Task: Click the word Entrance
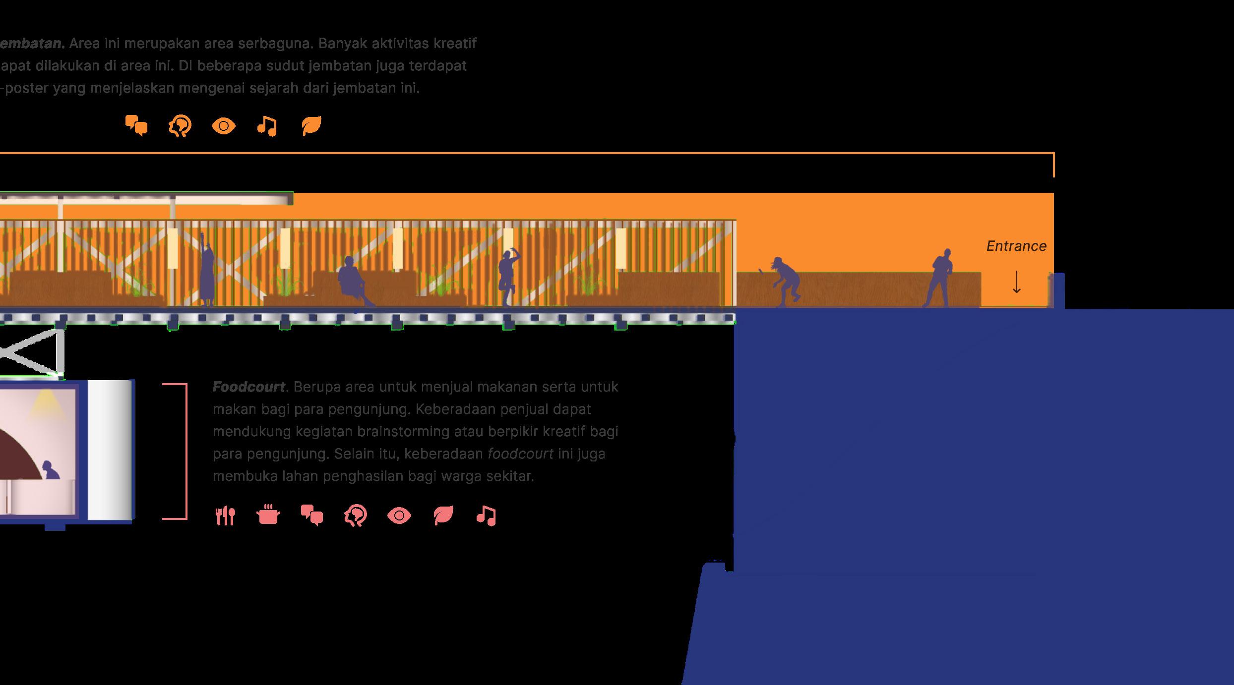[1016, 246]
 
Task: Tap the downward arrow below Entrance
[1016, 282]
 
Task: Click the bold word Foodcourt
[249, 387]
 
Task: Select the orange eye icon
[224, 126]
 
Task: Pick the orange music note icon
[267, 126]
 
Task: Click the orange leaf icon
[311, 126]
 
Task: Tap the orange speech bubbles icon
[136, 126]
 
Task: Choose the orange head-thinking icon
[180, 126]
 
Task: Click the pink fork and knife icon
[225, 516]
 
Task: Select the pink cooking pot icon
[268, 515]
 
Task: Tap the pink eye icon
[399, 516]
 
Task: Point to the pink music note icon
[486, 516]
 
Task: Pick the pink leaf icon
[443, 515]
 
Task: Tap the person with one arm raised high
[207, 273]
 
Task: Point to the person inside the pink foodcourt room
[49, 470]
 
